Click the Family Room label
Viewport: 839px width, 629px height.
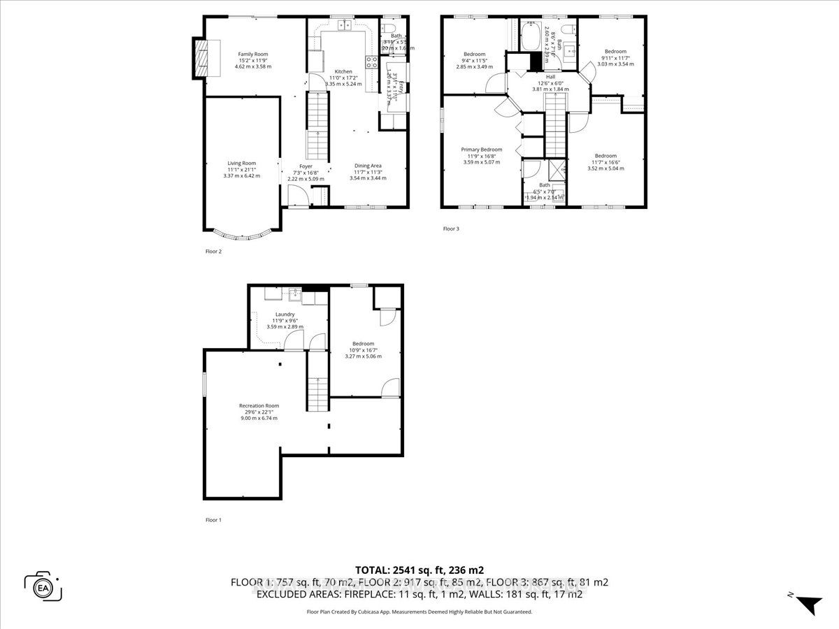tap(252, 54)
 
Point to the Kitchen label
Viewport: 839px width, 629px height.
tap(343, 71)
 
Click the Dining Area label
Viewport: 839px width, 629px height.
tap(368, 166)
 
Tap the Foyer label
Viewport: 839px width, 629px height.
tap(306, 166)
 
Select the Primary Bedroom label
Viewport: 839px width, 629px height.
tap(481, 150)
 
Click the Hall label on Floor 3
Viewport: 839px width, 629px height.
tap(551, 77)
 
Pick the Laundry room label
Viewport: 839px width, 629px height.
tap(285, 314)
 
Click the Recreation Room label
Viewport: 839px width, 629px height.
tap(259, 405)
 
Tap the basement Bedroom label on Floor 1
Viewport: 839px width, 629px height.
tap(363, 343)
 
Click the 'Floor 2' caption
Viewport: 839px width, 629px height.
tap(213, 252)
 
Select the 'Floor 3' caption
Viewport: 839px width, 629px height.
tap(451, 229)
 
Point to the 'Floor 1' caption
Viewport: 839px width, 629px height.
tap(213, 520)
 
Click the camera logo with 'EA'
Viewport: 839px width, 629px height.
tap(43, 586)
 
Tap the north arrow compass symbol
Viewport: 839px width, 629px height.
tap(808, 603)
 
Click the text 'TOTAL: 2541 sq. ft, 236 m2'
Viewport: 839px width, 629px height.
tap(419, 569)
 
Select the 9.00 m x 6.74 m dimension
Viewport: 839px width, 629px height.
tap(259, 418)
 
